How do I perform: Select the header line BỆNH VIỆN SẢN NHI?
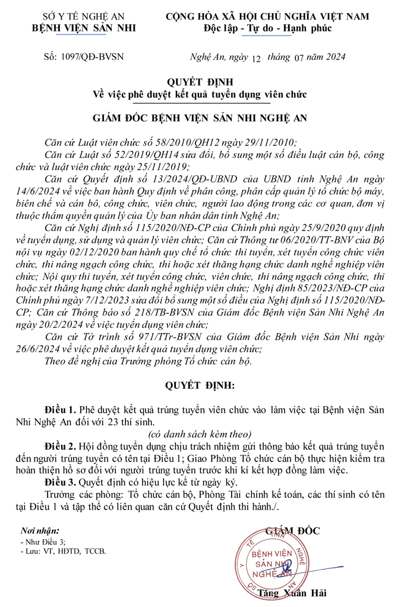[70, 27]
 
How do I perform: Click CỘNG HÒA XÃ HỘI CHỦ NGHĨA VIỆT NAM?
[267, 15]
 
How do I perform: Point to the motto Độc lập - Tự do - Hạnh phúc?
[267, 28]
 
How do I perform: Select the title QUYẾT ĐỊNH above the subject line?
[201, 81]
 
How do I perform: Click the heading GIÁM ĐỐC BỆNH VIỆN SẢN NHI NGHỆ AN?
[201, 118]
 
